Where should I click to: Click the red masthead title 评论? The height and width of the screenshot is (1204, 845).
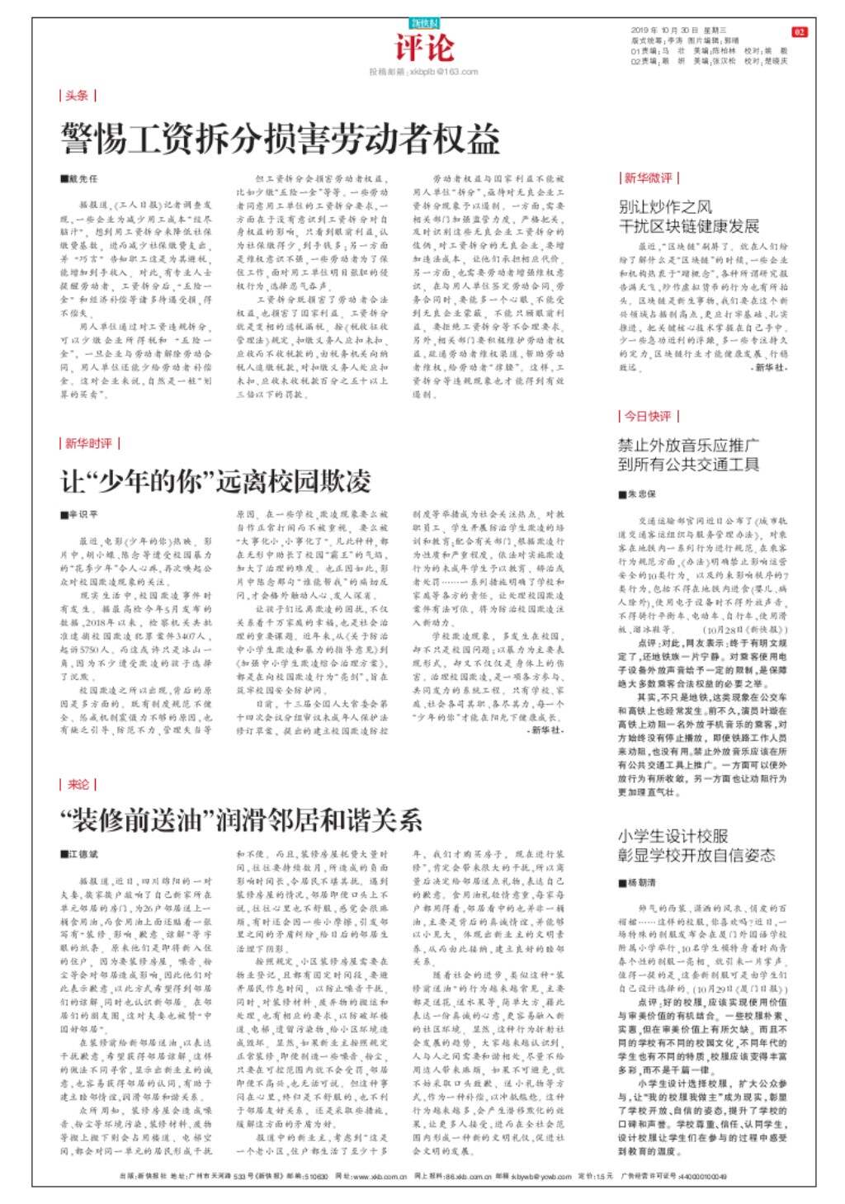pyautogui.click(x=423, y=47)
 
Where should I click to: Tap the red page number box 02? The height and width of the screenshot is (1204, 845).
pyautogui.click(x=799, y=31)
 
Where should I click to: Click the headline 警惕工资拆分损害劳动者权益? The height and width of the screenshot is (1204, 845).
pyautogui.click(x=280, y=139)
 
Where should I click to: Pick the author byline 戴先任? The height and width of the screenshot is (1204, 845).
pyautogui.click(x=81, y=179)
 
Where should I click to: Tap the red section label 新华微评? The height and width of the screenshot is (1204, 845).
pyautogui.click(x=648, y=178)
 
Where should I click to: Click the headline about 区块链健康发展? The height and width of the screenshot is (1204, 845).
pyautogui.click(x=688, y=216)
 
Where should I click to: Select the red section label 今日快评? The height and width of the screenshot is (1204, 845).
pyautogui.click(x=648, y=416)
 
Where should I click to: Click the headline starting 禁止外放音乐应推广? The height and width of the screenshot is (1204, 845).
pyautogui.click(x=688, y=455)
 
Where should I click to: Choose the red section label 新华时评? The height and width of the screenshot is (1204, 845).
pyautogui.click(x=88, y=444)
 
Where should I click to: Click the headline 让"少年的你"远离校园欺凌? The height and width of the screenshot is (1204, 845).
pyautogui.click(x=216, y=480)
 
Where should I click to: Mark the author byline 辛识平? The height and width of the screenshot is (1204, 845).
pyautogui.click(x=81, y=514)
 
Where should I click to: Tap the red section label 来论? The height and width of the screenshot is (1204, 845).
pyautogui.click(x=78, y=784)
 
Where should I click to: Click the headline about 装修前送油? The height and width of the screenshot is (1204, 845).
pyautogui.click(x=241, y=819)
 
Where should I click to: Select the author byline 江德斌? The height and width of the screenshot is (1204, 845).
pyautogui.click(x=81, y=854)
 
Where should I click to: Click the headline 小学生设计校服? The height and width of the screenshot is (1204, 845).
pyautogui.click(x=696, y=844)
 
